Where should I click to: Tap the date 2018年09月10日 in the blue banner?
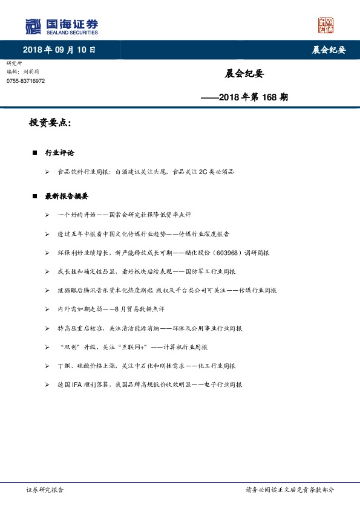59,50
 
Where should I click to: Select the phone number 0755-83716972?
25,81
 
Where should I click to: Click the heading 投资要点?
50,123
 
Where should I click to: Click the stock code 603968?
226,252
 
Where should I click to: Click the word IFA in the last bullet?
77,384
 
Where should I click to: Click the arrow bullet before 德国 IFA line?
47,384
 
